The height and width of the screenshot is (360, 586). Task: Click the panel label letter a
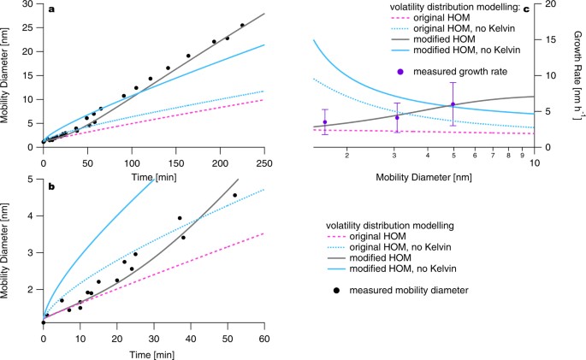coord(51,10)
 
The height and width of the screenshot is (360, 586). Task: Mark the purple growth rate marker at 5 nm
coord(453,104)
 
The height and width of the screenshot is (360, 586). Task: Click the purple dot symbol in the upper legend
coord(400,71)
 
